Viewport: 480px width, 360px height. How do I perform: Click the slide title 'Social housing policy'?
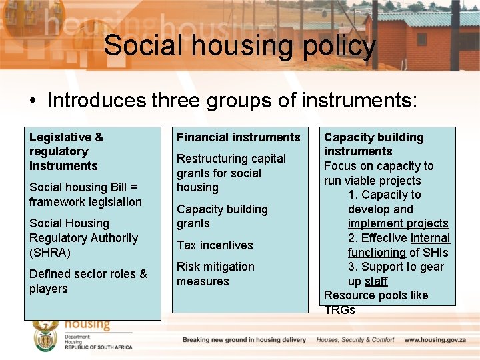tap(240, 46)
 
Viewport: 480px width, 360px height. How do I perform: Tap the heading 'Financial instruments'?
tap(238, 137)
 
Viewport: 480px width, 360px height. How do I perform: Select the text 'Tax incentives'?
tap(215, 245)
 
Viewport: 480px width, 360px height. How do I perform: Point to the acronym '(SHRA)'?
tap(49, 253)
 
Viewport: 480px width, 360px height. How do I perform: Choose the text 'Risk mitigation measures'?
tap(215, 274)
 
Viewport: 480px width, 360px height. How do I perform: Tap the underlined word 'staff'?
tap(376, 281)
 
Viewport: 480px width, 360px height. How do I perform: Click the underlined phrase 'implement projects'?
tap(398, 223)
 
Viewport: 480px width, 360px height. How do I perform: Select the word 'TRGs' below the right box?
tap(339, 310)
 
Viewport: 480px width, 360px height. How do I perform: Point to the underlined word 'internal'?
tap(430, 238)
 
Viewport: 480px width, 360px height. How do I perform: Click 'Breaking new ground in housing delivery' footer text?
tap(244, 340)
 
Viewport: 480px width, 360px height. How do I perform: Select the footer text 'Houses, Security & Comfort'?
tap(355, 340)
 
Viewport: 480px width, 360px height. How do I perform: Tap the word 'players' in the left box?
tap(49, 289)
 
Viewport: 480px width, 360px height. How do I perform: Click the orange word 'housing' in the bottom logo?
tap(87, 325)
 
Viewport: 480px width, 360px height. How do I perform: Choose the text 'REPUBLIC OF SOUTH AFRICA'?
tap(99, 347)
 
